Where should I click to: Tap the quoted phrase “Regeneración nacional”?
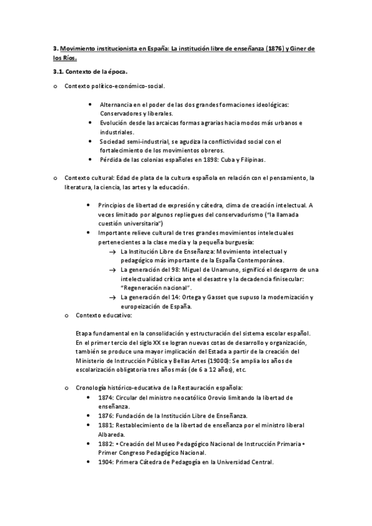pos(156,288)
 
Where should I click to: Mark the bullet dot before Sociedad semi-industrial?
pos(92,141)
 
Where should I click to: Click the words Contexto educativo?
pos(100,315)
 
